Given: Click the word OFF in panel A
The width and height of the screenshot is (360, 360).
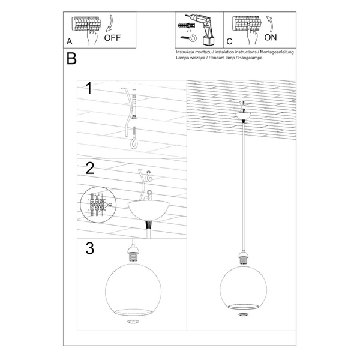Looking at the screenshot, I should [x=113, y=37].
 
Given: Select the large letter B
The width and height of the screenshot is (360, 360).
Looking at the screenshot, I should [x=72, y=59].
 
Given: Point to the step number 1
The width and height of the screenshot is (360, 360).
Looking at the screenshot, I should [x=89, y=89].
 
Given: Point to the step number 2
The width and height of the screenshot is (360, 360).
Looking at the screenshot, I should [x=89, y=168].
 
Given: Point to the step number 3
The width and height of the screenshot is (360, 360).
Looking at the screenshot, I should [x=89, y=248].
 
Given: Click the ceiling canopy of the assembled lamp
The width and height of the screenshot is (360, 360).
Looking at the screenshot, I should [x=244, y=116].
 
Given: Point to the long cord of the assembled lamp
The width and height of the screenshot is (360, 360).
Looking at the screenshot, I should [x=244, y=192].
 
